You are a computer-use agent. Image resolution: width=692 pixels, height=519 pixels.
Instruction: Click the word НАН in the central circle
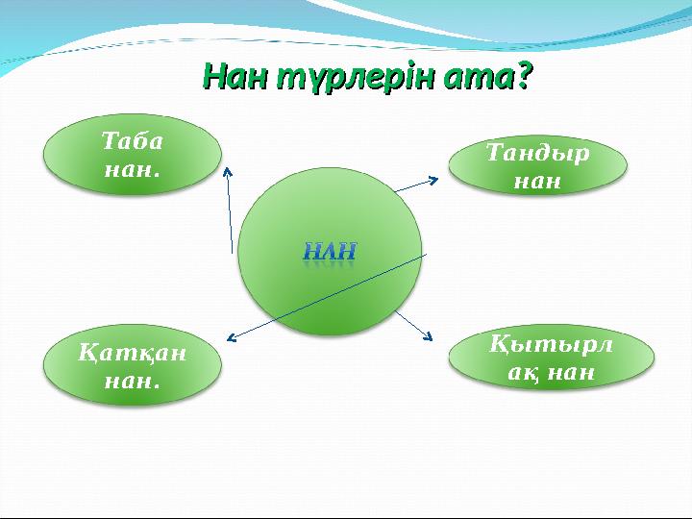330,252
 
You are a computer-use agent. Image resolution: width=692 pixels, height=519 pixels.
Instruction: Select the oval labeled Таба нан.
133,155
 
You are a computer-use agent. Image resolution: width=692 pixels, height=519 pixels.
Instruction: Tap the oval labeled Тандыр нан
538,165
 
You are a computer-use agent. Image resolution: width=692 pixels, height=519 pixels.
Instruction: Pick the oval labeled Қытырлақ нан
552,358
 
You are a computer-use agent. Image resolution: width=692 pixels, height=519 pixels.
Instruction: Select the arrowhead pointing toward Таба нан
228,170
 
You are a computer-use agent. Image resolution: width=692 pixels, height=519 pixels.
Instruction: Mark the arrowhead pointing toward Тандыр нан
434,180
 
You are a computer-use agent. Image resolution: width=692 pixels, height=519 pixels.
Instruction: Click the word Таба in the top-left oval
133,141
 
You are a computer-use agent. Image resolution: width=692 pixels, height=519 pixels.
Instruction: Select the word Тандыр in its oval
538,153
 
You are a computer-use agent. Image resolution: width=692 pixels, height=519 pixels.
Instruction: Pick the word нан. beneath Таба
133,169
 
